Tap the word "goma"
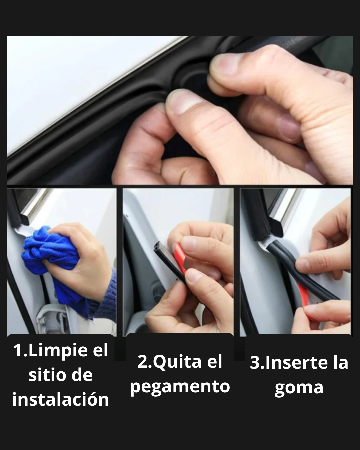click(299, 388)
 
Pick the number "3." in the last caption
click(257, 363)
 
